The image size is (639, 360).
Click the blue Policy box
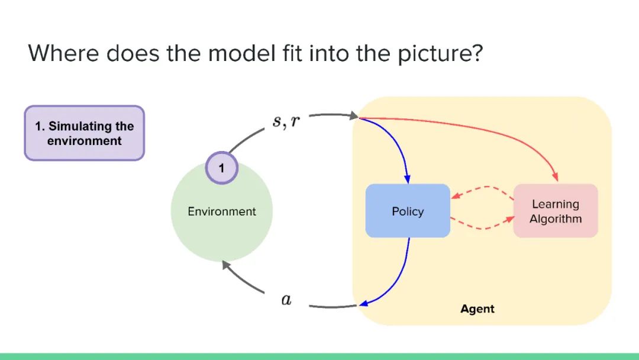(x=408, y=211)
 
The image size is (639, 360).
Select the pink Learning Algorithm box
(x=556, y=211)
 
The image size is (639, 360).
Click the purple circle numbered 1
(x=221, y=168)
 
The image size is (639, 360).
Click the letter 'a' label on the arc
(x=286, y=300)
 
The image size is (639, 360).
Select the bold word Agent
(x=477, y=309)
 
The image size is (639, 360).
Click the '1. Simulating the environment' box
(x=84, y=133)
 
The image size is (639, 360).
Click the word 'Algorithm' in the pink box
(x=556, y=219)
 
